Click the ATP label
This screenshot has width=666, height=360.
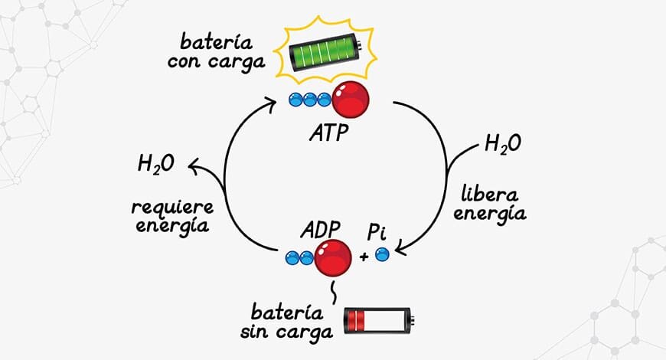click(329, 133)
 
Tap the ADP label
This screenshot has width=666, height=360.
click(321, 230)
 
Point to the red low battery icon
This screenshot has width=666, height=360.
click(378, 321)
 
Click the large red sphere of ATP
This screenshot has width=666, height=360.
click(351, 100)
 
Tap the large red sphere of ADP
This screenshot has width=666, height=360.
click(333, 258)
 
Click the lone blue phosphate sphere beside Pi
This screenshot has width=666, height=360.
click(382, 254)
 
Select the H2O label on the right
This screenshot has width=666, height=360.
click(502, 144)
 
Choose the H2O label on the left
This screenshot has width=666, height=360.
click(156, 164)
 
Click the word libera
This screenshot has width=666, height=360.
click(490, 195)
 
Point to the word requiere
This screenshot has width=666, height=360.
click(172, 208)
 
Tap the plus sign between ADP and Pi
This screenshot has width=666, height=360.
click(364, 257)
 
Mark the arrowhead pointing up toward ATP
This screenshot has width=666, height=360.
click(271, 104)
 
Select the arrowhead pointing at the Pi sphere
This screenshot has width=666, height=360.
click(400, 250)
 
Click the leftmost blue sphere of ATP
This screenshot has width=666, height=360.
click(295, 100)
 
